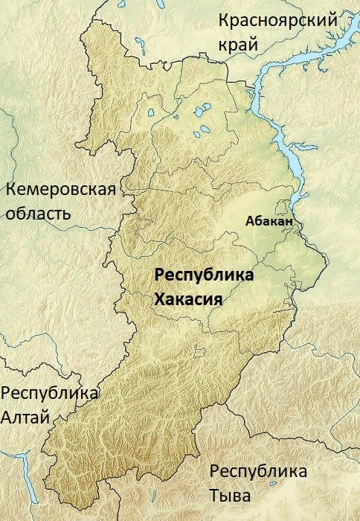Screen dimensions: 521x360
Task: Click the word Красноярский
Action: tap(277, 22)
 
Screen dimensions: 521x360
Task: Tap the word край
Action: tap(238, 45)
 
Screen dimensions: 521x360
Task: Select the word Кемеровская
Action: tap(61, 189)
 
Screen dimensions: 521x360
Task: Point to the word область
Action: tap(38, 214)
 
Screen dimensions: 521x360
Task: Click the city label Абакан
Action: tap(269, 221)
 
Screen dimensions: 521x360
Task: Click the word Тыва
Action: tap(230, 496)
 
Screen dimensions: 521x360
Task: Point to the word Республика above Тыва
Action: tap(258, 471)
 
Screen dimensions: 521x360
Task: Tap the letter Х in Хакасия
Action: tap(158, 299)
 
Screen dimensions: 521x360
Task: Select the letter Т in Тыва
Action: tap(215, 496)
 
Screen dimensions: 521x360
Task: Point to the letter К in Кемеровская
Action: tap(10, 189)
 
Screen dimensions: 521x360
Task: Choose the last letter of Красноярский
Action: tap(332, 22)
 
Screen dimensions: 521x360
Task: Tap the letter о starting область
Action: tap(10, 215)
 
